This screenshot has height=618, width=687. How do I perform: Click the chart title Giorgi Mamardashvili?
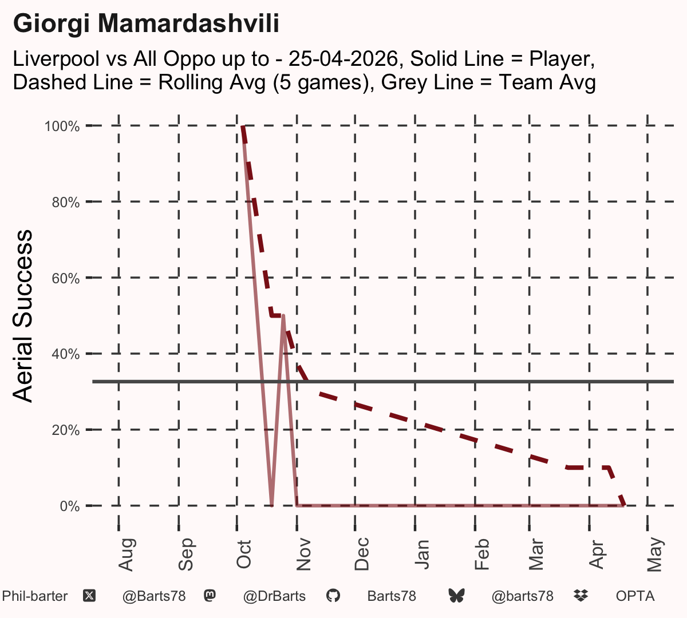point(146,23)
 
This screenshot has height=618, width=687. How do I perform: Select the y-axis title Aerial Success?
point(22,316)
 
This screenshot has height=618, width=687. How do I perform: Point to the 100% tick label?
point(62,126)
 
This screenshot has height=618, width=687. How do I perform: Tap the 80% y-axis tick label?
point(66,203)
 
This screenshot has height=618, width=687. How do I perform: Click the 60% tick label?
point(66,278)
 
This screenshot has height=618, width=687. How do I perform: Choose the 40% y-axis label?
point(66,354)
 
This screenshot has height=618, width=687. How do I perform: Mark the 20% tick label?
point(66,430)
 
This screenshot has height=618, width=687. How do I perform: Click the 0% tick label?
point(70,506)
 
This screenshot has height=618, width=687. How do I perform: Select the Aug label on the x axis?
point(127,554)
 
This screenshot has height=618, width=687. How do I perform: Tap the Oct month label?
point(244,554)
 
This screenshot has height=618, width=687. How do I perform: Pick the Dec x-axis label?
point(362,554)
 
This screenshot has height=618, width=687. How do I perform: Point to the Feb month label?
point(481,554)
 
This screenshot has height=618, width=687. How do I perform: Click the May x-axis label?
point(655,554)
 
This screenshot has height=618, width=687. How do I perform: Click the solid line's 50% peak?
point(283,316)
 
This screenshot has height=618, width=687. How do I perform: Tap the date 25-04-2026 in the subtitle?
point(343,59)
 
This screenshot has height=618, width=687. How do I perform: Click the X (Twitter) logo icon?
point(89,596)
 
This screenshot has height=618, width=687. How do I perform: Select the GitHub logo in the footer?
point(333,596)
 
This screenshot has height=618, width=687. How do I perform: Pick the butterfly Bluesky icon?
point(456,596)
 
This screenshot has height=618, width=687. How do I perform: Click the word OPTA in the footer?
point(635,596)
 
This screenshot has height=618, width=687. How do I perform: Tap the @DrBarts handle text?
point(274,596)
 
